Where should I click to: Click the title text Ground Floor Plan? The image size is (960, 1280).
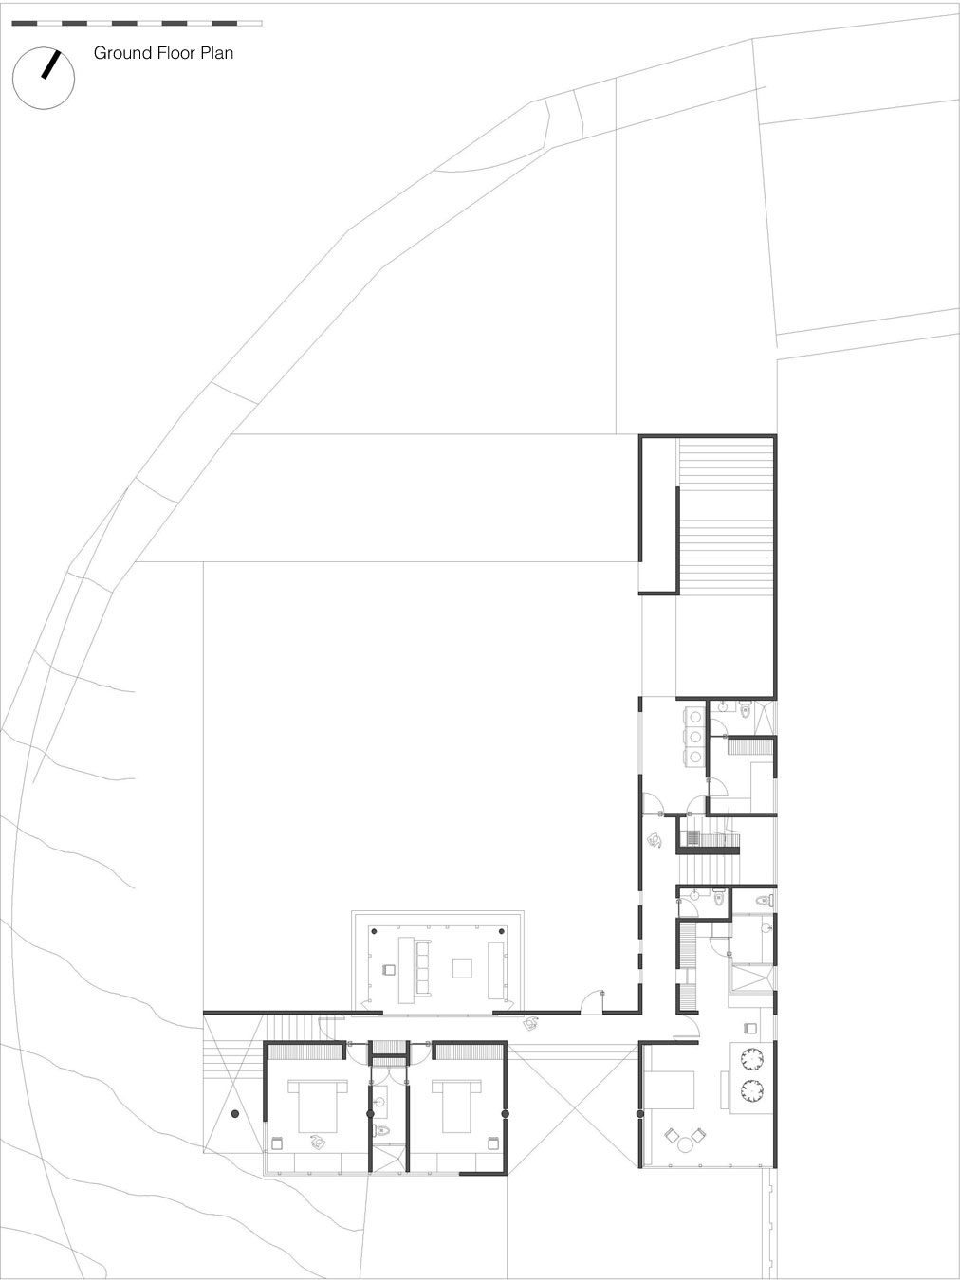pyautogui.click(x=163, y=53)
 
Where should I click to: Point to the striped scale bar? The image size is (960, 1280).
pyautogui.click(x=137, y=22)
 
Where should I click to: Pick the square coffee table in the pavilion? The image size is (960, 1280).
pyautogui.click(x=462, y=967)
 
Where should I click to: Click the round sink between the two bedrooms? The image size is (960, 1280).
pyautogui.click(x=382, y=1103)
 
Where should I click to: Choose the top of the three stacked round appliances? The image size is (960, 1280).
pyautogui.click(x=695, y=716)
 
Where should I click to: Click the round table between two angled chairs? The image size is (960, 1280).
pyautogui.click(x=685, y=1143)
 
